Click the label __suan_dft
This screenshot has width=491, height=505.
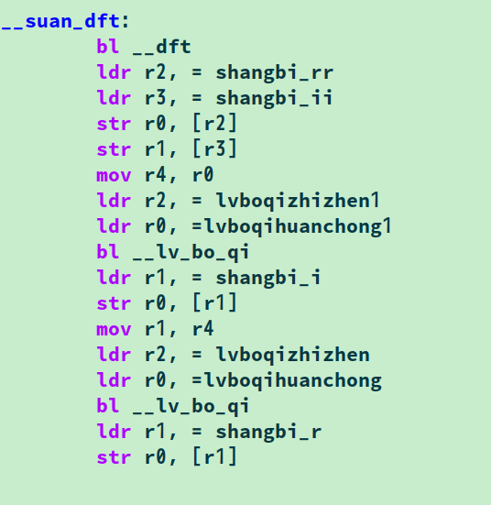point(60,22)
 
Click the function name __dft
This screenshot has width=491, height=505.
point(161,47)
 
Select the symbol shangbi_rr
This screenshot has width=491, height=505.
point(274,72)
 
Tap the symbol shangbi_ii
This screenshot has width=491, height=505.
point(274,98)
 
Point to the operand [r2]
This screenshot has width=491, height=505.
point(214,124)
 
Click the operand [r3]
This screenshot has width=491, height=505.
point(214,149)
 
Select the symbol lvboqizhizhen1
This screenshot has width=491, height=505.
point(298,201)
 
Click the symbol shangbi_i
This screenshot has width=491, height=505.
point(268,278)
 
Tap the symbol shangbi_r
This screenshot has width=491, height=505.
point(268,432)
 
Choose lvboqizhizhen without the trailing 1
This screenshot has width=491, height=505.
point(292,355)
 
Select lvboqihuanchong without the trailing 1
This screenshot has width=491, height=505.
point(293,380)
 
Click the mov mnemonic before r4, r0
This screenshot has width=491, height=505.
point(114,176)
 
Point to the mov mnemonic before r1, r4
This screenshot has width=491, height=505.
point(114,330)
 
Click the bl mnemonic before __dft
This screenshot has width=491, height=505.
point(108,47)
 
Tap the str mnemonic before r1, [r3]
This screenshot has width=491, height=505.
point(114,150)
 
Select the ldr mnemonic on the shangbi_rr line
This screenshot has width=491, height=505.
point(114,72)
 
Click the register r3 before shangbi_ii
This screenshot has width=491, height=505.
point(155,99)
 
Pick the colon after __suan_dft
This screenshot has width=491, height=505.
point(125,22)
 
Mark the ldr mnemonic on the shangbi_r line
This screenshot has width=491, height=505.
point(114,432)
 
